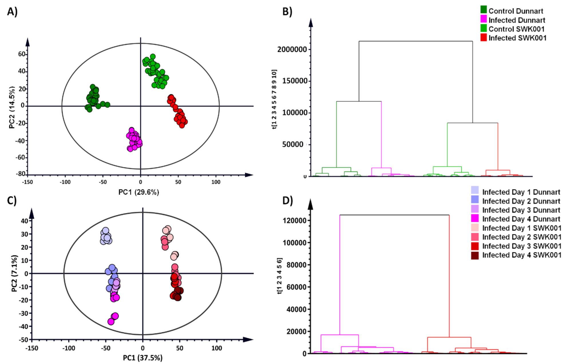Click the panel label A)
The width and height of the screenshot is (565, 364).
click(x=12, y=12)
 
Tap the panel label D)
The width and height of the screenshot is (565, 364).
click(x=287, y=201)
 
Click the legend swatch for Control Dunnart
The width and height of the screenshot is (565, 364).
click(x=483, y=10)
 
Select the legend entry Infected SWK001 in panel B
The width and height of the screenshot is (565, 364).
click(x=517, y=38)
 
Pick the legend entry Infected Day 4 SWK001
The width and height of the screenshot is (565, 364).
click(x=521, y=255)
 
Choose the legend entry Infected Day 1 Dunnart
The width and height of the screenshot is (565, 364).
click(x=521, y=192)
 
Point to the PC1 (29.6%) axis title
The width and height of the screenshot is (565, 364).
click(x=138, y=192)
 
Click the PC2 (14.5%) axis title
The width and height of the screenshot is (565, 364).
click(x=12, y=107)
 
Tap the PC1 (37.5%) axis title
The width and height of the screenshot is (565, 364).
click(x=142, y=358)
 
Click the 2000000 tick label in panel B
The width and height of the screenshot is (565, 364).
click(x=292, y=49)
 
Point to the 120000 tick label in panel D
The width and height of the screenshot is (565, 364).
click(x=294, y=220)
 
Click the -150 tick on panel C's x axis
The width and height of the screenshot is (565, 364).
click(x=31, y=348)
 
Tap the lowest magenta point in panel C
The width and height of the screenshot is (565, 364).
click(x=111, y=322)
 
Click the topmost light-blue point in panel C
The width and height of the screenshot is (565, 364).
click(x=106, y=230)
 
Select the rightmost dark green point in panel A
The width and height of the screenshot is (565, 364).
click(x=107, y=105)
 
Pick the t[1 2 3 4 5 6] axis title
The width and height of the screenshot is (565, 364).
click(x=279, y=276)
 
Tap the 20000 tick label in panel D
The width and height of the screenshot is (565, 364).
click(x=296, y=332)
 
